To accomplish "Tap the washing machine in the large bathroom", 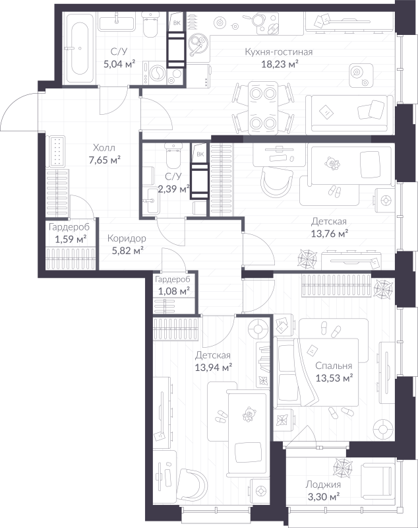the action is click(155, 73).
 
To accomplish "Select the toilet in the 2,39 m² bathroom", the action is click(173, 156).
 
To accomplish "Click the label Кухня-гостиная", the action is click(278, 52).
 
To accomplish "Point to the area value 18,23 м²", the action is click(280, 64).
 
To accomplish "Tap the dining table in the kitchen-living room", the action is click(262, 107).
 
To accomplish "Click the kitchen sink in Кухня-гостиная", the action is click(197, 44).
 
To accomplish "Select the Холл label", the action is click(104, 148).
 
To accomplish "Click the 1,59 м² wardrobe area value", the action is click(71, 240).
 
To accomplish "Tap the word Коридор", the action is click(127, 238).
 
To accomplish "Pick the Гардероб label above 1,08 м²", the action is click(173, 279).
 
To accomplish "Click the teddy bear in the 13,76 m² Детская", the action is click(332, 163).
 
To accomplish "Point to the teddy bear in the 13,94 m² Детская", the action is click(249, 414).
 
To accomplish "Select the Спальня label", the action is click(334, 366).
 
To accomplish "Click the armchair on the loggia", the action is click(376, 477).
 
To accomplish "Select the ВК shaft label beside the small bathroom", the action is click(200, 154).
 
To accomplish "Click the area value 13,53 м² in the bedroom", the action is click(334, 378).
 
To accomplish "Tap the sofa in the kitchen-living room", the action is click(349, 113).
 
